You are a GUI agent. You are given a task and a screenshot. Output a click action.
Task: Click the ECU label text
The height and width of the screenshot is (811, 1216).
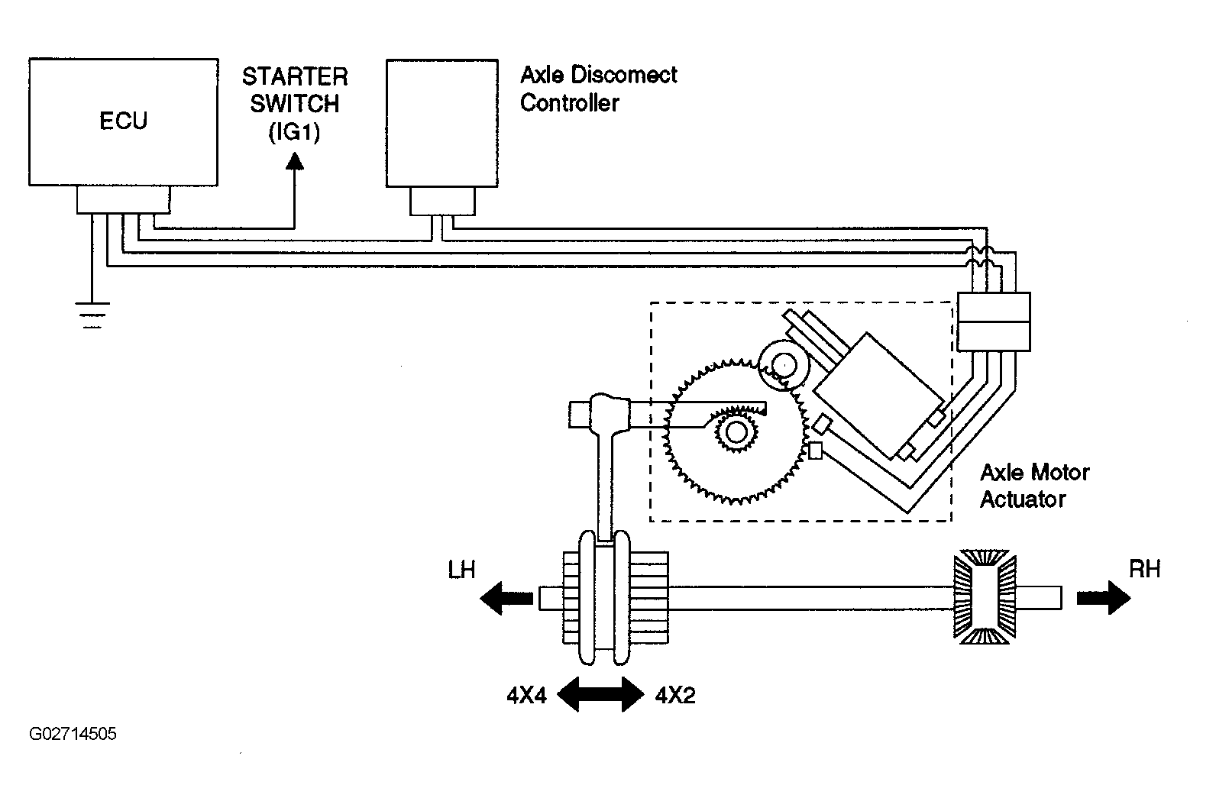click(123, 121)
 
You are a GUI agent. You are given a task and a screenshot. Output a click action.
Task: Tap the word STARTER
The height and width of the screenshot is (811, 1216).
click(295, 76)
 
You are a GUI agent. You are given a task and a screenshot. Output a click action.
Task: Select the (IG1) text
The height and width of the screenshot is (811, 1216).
click(294, 132)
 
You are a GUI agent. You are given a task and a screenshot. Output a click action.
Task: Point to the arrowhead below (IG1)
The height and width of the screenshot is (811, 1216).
click(295, 160)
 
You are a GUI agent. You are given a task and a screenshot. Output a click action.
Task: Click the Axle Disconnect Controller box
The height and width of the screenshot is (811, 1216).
click(442, 123)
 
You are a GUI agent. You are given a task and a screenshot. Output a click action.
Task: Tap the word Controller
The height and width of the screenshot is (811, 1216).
click(570, 103)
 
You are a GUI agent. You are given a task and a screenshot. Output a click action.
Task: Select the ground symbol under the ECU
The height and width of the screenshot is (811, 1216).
click(92, 315)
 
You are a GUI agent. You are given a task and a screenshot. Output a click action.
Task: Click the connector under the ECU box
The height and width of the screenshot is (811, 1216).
click(123, 200)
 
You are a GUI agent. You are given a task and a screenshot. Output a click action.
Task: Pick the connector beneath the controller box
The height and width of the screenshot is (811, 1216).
click(442, 202)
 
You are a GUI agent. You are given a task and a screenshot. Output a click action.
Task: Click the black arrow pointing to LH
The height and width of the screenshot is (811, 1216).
click(506, 598)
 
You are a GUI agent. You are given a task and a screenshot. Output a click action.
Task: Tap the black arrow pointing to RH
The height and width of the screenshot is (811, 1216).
click(1104, 598)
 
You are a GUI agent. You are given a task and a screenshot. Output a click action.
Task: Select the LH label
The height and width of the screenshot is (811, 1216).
click(461, 570)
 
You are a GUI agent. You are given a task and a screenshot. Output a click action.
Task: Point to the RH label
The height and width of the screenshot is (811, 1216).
click(1144, 569)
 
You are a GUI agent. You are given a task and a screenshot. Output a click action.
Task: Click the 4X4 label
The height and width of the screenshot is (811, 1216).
click(526, 695)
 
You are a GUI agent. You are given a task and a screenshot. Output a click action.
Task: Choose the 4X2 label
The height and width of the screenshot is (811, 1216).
click(675, 695)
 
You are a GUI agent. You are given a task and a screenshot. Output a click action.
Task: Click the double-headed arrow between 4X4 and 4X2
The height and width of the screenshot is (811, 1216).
click(600, 694)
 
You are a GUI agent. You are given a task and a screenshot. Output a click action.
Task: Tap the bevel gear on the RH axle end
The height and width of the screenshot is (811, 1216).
click(985, 597)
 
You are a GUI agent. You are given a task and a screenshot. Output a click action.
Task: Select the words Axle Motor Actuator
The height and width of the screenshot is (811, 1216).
click(1034, 486)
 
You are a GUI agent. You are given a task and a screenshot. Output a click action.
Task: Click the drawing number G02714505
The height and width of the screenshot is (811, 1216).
click(73, 734)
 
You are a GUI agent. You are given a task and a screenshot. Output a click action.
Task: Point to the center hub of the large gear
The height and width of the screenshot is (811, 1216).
click(736, 432)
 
